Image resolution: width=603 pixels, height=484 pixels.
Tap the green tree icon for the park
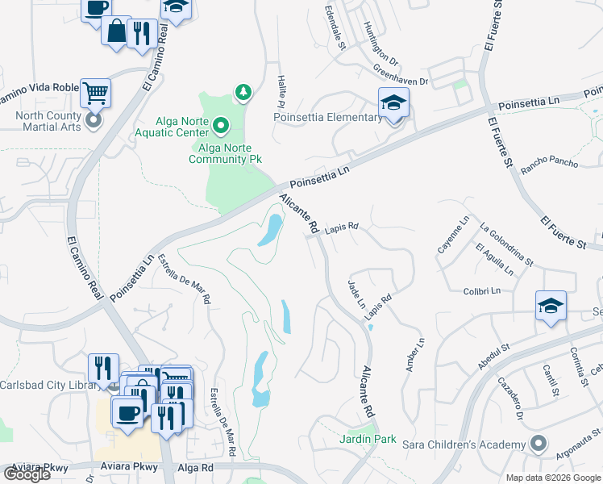242,94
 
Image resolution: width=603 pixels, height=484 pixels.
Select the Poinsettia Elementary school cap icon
393,103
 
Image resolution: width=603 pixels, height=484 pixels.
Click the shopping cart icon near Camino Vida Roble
95,92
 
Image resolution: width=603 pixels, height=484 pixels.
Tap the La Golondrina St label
505,244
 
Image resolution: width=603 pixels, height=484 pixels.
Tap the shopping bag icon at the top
116,31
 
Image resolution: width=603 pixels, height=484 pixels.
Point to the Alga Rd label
197,467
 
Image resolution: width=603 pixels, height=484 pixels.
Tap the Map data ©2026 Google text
553,478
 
